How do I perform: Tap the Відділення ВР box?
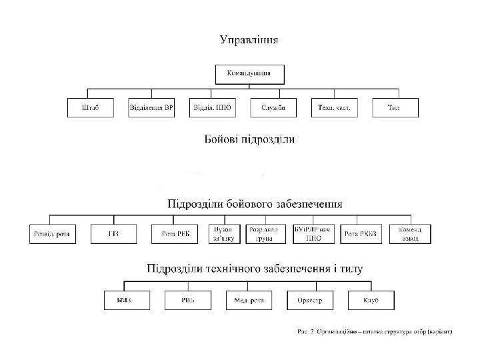[x=151, y=108]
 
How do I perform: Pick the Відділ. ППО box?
[x=212, y=108]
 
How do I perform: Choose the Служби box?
[x=273, y=108]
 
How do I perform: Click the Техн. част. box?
[x=334, y=108]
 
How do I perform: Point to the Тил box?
[x=395, y=108]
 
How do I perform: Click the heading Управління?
[x=249, y=39]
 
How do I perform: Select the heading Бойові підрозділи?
[x=249, y=140]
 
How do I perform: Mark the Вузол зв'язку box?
[x=223, y=234]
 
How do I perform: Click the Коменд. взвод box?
[x=410, y=234]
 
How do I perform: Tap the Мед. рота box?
[x=249, y=301]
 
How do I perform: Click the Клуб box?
[x=371, y=301]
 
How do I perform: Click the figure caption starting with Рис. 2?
[x=374, y=332]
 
